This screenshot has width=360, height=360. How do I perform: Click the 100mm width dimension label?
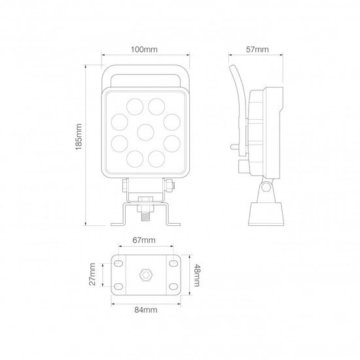(x=144, y=49)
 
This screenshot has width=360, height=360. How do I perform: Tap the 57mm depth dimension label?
(x=257, y=49)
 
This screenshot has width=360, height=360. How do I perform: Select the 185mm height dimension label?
(x=79, y=137)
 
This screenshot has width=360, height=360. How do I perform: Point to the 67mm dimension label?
(x=144, y=240)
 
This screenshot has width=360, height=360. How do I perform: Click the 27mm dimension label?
(x=92, y=274)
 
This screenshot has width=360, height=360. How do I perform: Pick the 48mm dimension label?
(x=197, y=276)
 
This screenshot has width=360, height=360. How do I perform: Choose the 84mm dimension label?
(x=146, y=310)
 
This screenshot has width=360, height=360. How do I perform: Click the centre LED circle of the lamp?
(x=145, y=132)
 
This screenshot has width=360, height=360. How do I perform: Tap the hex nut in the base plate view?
(x=145, y=275)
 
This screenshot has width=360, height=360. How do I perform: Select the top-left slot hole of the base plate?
(x=118, y=263)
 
